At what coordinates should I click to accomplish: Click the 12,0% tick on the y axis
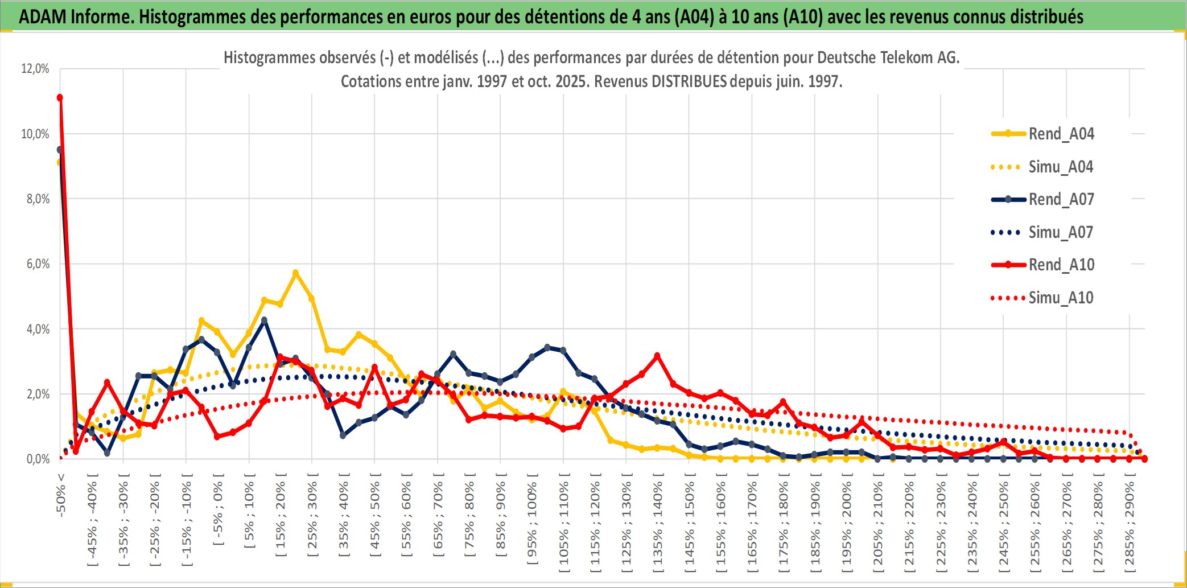tap(35, 69)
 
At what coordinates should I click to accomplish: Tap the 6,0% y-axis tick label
tap(38, 264)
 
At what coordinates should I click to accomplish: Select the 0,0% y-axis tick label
tap(38, 459)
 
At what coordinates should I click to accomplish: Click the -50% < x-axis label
tap(60, 495)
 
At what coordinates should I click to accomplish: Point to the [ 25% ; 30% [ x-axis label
tap(312, 518)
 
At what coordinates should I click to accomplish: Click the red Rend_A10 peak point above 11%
tap(60, 98)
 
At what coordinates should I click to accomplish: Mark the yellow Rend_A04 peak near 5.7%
tap(295, 273)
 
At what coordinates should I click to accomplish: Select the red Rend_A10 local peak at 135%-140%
tap(657, 356)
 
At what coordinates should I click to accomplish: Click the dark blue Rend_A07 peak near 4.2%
tap(264, 320)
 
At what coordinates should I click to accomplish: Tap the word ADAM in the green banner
tap(43, 17)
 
